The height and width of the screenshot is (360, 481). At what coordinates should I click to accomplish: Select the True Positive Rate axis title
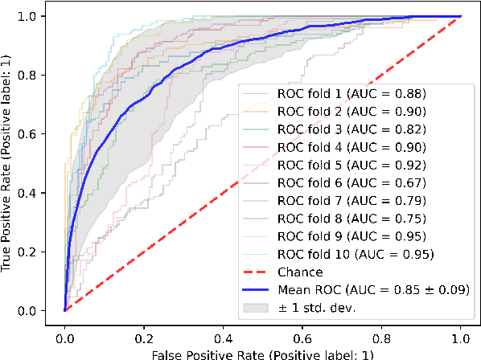pos(10,163)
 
